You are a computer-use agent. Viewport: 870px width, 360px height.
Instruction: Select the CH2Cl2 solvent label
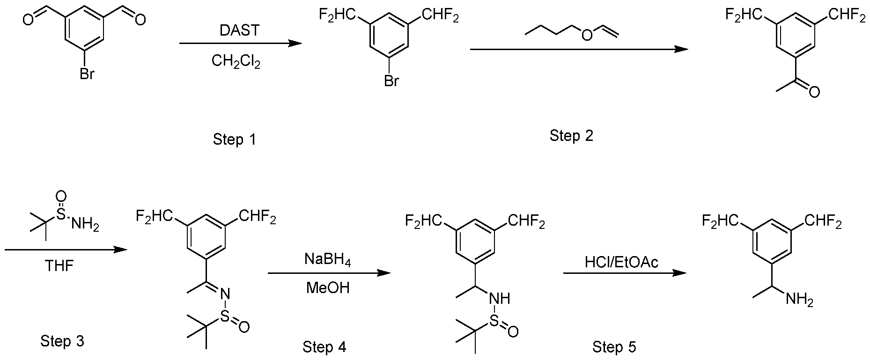(236, 61)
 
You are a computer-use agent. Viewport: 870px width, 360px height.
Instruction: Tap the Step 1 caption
(234, 139)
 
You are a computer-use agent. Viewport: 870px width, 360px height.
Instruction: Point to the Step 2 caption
(571, 136)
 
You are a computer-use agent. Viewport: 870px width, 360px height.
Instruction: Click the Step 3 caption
(62, 341)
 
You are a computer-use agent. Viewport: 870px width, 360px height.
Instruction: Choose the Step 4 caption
(324, 347)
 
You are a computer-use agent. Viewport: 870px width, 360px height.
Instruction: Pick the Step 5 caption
(614, 347)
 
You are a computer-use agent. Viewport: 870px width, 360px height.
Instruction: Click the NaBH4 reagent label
(327, 259)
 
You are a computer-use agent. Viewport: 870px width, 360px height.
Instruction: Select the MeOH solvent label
(328, 287)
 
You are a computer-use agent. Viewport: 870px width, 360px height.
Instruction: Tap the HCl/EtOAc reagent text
(621, 262)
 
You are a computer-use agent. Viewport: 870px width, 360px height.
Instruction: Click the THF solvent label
(59, 266)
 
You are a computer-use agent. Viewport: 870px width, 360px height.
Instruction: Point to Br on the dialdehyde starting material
(87, 74)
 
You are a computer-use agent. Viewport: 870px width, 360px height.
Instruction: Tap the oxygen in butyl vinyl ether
(586, 35)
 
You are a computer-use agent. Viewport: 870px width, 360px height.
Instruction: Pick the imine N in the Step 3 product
(224, 294)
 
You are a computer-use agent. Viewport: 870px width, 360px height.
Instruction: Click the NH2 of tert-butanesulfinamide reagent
(84, 226)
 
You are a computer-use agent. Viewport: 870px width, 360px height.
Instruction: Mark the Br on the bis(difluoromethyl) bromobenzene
(391, 81)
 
